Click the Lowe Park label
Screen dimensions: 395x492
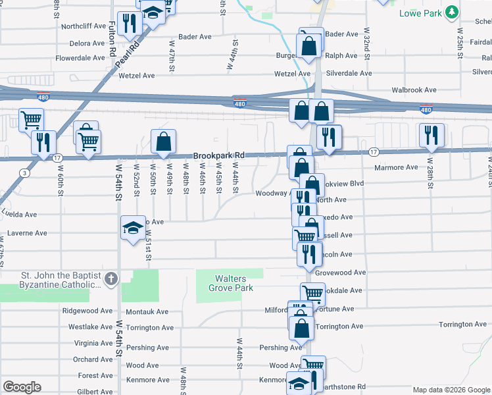[x=421, y=13]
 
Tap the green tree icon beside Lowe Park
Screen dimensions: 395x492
[x=451, y=13]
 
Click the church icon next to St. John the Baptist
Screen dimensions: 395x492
[x=111, y=279]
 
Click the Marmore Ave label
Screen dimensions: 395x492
[x=396, y=167]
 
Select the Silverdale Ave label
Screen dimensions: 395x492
[x=349, y=74]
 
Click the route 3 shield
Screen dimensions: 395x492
[x=24, y=173]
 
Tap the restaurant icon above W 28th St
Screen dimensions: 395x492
[x=431, y=135]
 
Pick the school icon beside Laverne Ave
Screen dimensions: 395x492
[x=133, y=227]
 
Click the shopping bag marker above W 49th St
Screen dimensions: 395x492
[x=163, y=140]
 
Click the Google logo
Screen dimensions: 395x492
[x=22, y=387]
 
